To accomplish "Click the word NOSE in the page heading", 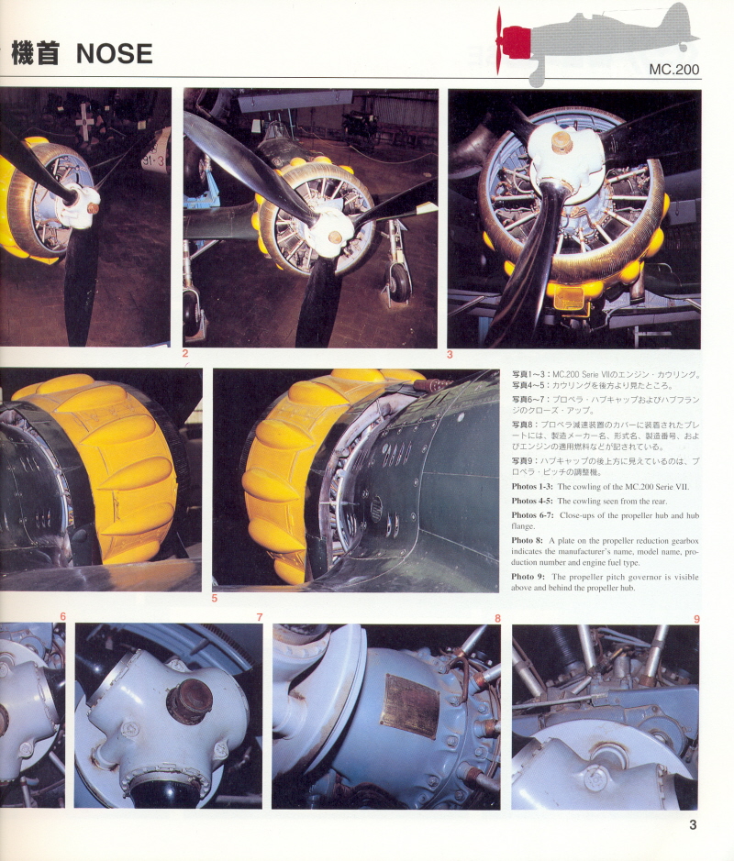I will (114, 54).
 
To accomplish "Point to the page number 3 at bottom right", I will (693, 824).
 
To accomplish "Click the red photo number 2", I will (185, 354).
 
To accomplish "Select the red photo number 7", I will (260, 617).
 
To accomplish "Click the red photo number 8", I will (497, 618).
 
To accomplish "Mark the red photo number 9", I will (696, 618).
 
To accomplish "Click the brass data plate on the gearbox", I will (409, 705).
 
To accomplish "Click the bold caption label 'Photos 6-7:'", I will (533, 514).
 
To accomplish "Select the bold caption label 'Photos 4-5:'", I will (533, 501).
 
